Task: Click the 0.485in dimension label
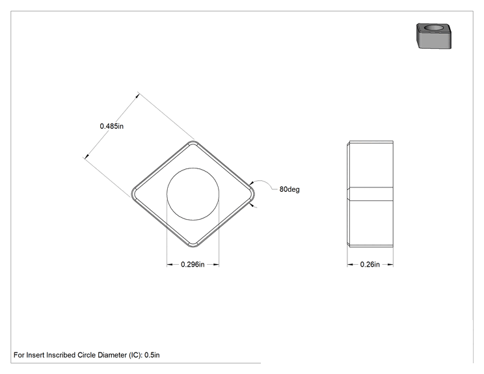[111, 126]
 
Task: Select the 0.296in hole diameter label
[193, 265]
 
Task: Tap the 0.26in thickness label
[370, 265]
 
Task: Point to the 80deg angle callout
[289, 189]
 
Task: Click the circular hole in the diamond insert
[193, 194]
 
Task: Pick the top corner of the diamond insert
[194, 141]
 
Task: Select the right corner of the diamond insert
[254, 194]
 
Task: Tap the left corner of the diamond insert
[132, 194]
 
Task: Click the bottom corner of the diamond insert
[193, 247]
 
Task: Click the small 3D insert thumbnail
[434, 36]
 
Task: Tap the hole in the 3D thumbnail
[434, 28]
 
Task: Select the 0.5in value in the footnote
[152, 355]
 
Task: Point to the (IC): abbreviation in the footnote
[135, 355]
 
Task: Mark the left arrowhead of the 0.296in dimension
[170, 265]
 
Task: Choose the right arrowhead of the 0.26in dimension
[390, 265]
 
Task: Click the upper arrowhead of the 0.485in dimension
[137, 96]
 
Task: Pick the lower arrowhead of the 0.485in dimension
[87, 156]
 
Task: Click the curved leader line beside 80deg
[262, 181]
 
